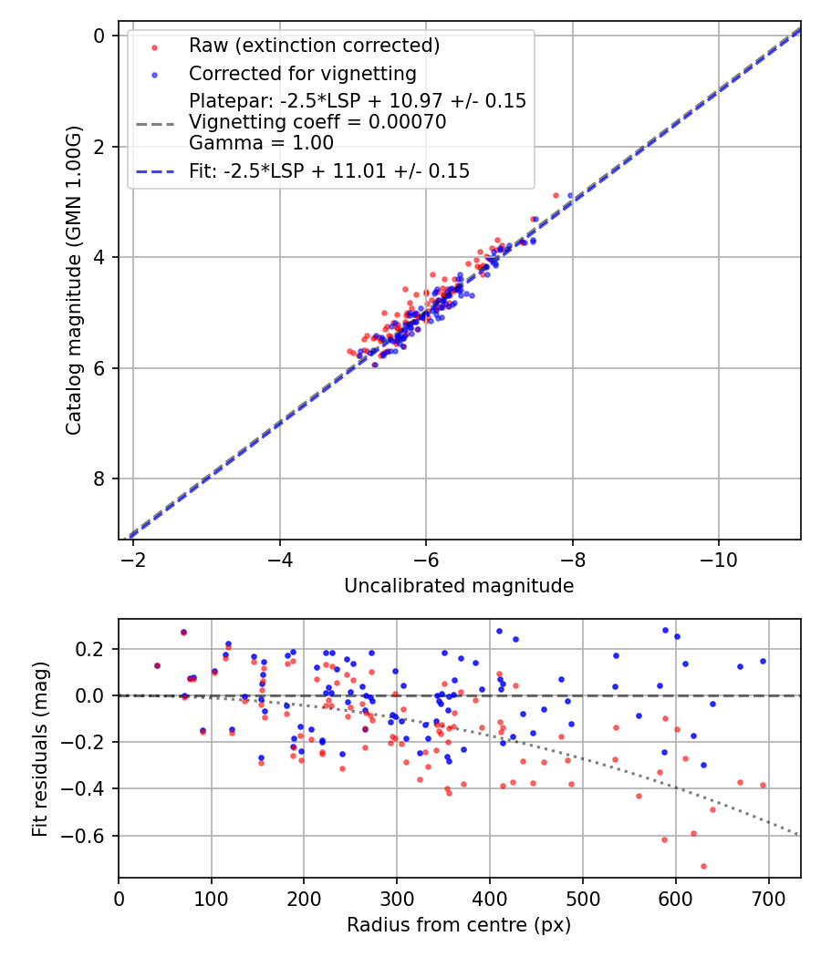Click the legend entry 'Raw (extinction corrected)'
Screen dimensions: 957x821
314,45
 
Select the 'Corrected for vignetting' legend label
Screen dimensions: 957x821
302,73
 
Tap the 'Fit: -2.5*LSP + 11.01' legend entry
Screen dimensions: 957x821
329,170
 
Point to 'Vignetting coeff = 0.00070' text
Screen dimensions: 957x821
317,122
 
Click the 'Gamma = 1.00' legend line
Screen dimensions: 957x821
261,143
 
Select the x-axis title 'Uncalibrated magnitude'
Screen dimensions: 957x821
459,586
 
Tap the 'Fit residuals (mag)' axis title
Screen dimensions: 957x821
39,749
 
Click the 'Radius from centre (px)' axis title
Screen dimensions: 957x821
459,925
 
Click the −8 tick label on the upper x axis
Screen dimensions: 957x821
572,558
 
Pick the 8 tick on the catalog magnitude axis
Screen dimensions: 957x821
99,479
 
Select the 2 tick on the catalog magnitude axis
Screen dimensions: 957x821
99,147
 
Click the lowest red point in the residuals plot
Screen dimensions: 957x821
703,866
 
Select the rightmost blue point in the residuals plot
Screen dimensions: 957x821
763,661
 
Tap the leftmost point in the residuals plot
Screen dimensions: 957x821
157,665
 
